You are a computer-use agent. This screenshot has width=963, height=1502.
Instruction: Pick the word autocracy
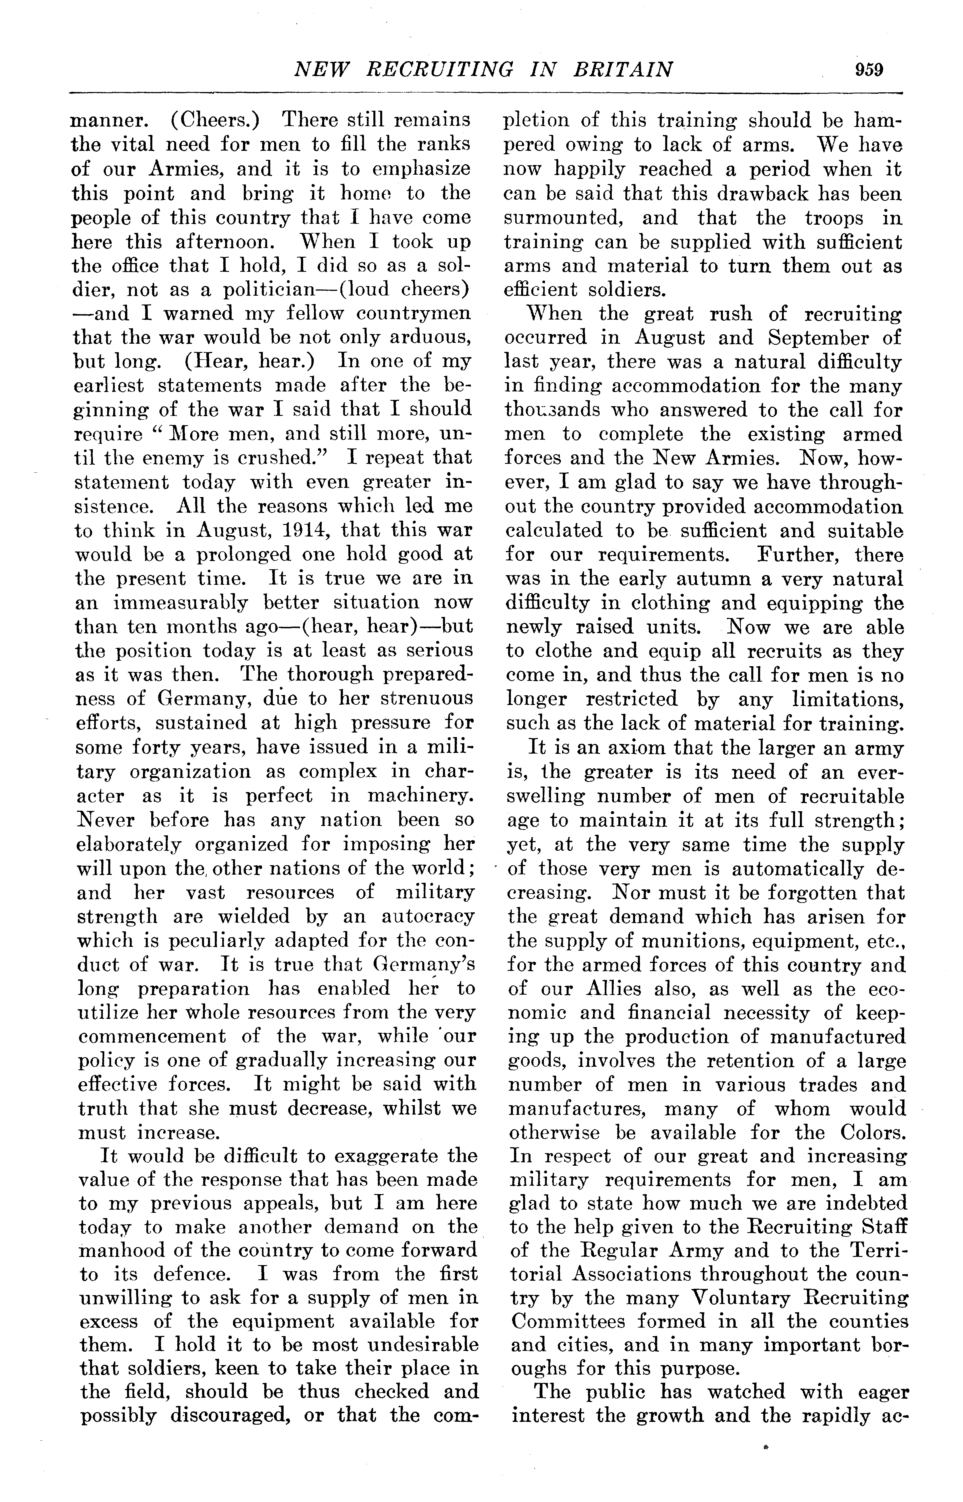(x=428, y=916)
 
